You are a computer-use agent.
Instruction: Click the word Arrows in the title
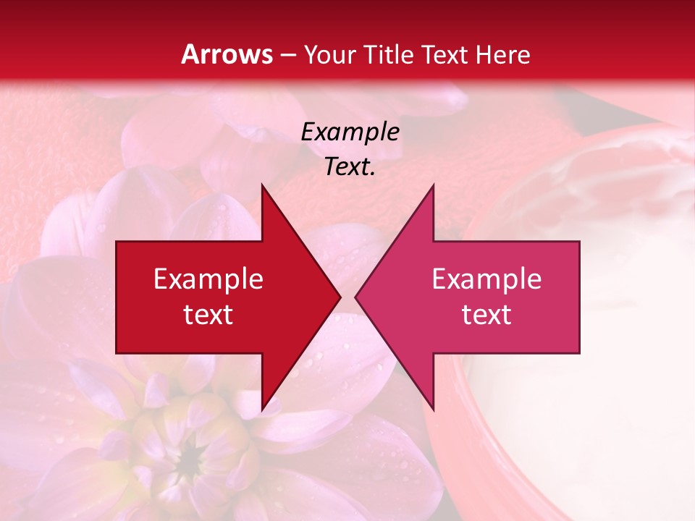pyautogui.click(x=227, y=54)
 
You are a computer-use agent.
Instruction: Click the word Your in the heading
pyautogui.click(x=329, y=54)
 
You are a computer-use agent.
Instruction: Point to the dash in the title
pyautogui.click(x=287, y=56)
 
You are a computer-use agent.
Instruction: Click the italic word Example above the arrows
pyautogui.click(x=350, y=132)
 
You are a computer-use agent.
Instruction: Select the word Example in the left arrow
pyautogui.click(x=208, y=279)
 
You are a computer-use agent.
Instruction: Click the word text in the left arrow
pyautogui.click(x=208, y=315)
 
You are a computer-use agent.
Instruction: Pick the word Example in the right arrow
pyautogui.click(x=486, y=279)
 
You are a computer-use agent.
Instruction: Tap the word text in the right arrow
pyautogui.click(x=486, y=315)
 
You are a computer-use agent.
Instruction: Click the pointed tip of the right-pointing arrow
pyautogui.click(x=340, y=297)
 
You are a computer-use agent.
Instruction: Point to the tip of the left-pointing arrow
pyautogui.click(x=356, y=297)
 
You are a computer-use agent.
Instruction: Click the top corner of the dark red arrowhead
pyautogui.click(x=262, y=185)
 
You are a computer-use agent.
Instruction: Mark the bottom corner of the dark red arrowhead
pyautogui.click(x=262, y=410)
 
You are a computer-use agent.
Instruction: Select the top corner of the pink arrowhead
pyautogui.click(x=433, y=185)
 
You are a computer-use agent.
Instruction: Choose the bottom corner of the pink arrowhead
pyautogui.click(x=433, y=410)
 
